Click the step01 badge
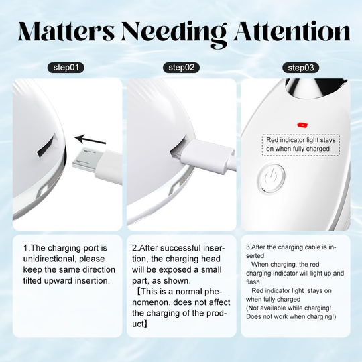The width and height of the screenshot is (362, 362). tap(66, 68)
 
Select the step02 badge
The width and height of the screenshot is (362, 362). tap(181, 68)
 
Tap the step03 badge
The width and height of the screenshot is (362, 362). tap(301, 68)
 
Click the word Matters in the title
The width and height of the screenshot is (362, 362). tap(66, 32)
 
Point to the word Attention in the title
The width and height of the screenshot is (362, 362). tap(292, 31)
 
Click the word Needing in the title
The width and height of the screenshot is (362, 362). tap(174, 35)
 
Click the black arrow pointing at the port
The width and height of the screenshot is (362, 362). tap(90, 139)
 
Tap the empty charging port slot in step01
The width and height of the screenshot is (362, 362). tap(48, 146)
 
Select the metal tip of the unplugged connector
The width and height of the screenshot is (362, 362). tap(83, 158)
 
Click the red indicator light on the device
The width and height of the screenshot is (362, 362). tap(302, 125)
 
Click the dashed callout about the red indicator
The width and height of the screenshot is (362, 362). tap(301, 145)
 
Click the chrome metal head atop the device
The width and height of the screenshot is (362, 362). tap(315, 90)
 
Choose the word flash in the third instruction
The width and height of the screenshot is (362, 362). tap(253, 282)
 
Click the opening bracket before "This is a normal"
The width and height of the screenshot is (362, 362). tap(138, 292)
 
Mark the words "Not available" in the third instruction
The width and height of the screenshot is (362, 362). tap(265, 308)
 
